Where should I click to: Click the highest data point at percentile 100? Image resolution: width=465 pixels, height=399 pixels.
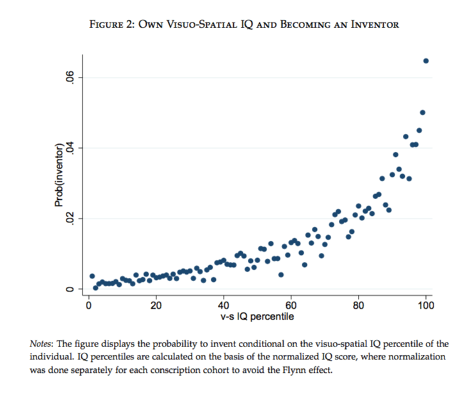coord(426,61)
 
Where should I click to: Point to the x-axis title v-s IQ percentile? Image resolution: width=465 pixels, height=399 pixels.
coord(256,316)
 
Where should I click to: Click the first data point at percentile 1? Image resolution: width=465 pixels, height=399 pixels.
coord(92,276)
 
